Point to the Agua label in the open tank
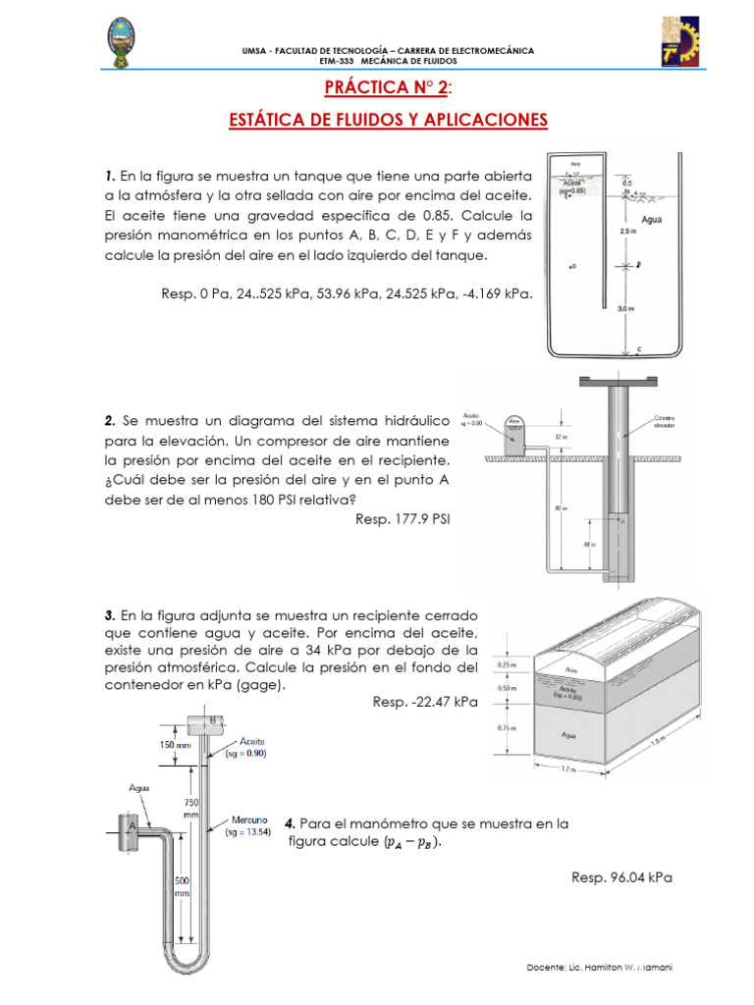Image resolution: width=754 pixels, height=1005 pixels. coord(652,220)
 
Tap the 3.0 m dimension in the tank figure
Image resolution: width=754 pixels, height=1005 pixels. coord(625,308)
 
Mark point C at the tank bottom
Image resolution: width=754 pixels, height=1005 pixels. coord(639,348)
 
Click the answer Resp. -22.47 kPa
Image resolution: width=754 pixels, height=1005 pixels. coord(425,702)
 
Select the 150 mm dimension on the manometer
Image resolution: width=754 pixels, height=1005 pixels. coord(161,745)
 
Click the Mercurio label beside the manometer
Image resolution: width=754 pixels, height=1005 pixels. coord(244,824)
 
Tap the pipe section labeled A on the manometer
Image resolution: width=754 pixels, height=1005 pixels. coord(129,826)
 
